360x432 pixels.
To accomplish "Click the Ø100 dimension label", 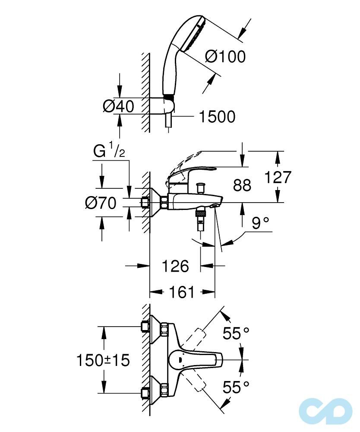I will (x=225, y=57).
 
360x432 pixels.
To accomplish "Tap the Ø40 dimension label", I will (x=118, y=106).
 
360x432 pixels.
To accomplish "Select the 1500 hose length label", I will (x=217, y=116).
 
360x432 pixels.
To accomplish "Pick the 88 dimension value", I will (x=242, y=185).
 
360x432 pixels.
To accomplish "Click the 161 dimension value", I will (x=182, y=292).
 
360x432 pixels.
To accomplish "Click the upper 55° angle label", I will (x=236, y=333).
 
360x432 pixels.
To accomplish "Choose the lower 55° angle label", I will (x=236, y=387).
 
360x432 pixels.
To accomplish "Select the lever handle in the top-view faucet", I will (x=194, y=359).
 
